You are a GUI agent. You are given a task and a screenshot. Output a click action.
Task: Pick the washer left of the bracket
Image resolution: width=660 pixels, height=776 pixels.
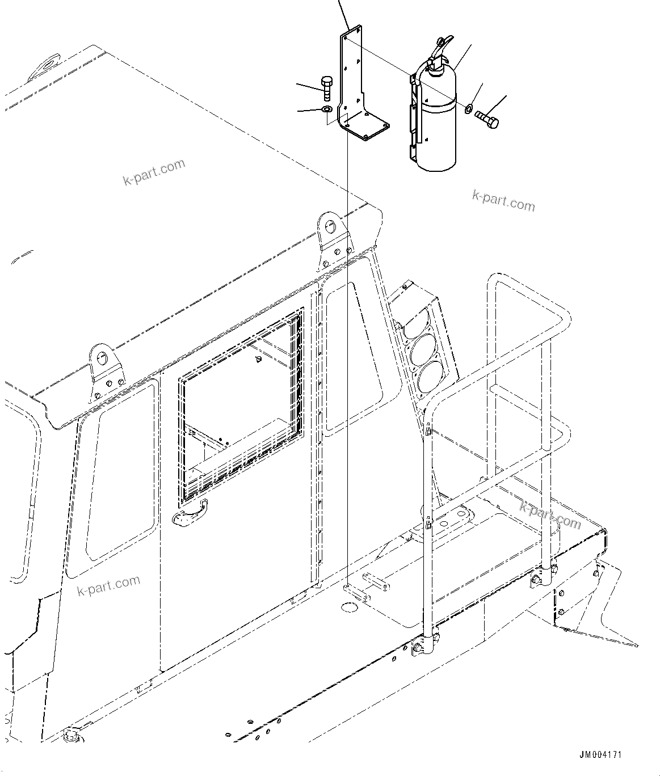(x=327, y=108)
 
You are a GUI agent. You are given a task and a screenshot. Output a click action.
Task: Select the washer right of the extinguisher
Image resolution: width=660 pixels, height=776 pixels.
(x=469, y=108)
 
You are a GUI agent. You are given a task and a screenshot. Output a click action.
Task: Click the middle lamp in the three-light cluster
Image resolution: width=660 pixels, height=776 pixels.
(x=433, y=348)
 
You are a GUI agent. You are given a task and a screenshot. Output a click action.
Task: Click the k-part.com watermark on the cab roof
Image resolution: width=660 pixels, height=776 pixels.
(x=154, y=172)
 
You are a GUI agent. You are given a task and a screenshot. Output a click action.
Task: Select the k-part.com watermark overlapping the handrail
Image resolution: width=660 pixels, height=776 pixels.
(x=550, y=515)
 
